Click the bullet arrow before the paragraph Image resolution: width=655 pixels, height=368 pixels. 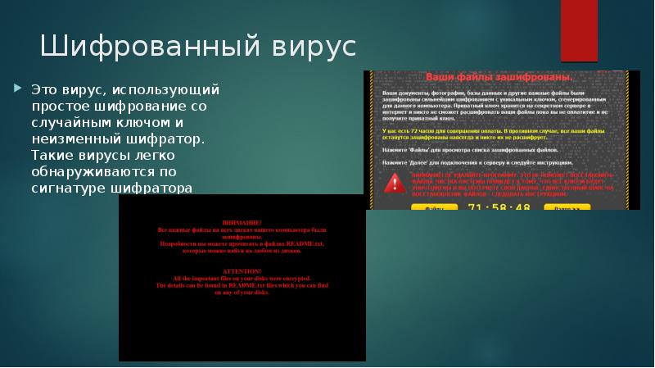[x=21, y=88]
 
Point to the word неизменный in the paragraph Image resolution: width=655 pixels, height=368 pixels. [x=70, y=139]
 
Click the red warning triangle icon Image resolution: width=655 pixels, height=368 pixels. [x=395, y=183]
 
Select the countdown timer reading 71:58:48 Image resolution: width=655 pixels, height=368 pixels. [x=499, y=207]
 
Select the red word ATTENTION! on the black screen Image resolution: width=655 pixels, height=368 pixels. [x=242, y=271]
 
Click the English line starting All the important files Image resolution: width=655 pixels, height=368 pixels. [x=242, y=279]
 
